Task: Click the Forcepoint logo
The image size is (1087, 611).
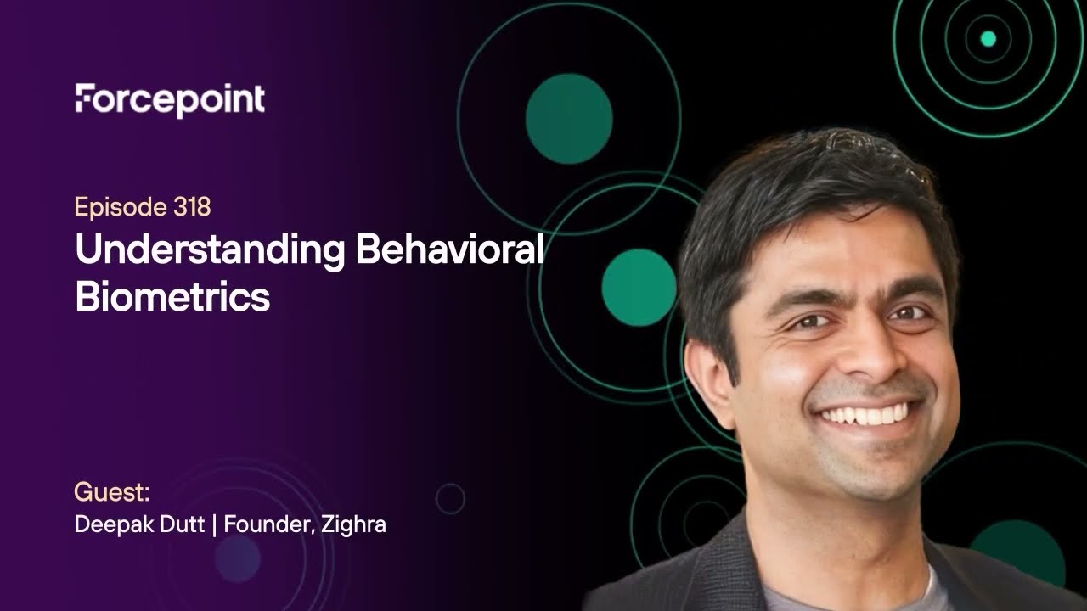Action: (x=170, y=100)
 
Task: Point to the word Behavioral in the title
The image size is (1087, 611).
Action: (x=449, y=251)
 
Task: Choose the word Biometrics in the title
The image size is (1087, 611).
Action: (x=172, y=297)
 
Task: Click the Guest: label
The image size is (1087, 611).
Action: (x=112, y=492)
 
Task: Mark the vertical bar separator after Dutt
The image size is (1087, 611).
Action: (x=215, y=524)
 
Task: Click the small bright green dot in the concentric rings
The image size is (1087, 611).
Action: (x=988, y=38)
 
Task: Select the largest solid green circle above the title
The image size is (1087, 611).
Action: (x=568, y=118)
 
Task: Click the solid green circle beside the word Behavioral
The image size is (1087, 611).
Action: (x=639, y=287)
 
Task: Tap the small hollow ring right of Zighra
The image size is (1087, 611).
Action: (x=450, y=498)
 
